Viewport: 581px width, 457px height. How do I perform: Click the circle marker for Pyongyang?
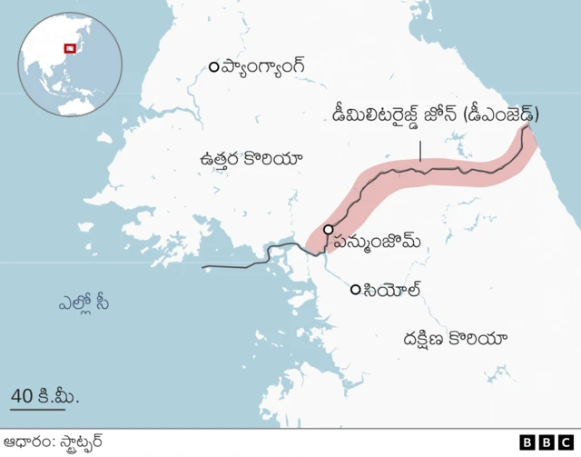tap(213, 66)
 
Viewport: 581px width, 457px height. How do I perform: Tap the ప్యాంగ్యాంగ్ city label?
tap(263, 66)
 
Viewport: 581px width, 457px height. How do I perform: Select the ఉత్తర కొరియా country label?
tap(251, 159)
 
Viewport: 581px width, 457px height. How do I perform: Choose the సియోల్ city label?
tap(392, 290)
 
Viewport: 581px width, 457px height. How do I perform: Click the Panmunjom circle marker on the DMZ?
tap(328, 230)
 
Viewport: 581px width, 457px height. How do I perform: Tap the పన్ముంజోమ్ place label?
tap(378, 241)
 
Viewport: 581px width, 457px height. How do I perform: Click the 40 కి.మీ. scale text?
tap(44, 396)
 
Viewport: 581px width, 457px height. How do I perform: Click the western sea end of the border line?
tap(203, 267)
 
